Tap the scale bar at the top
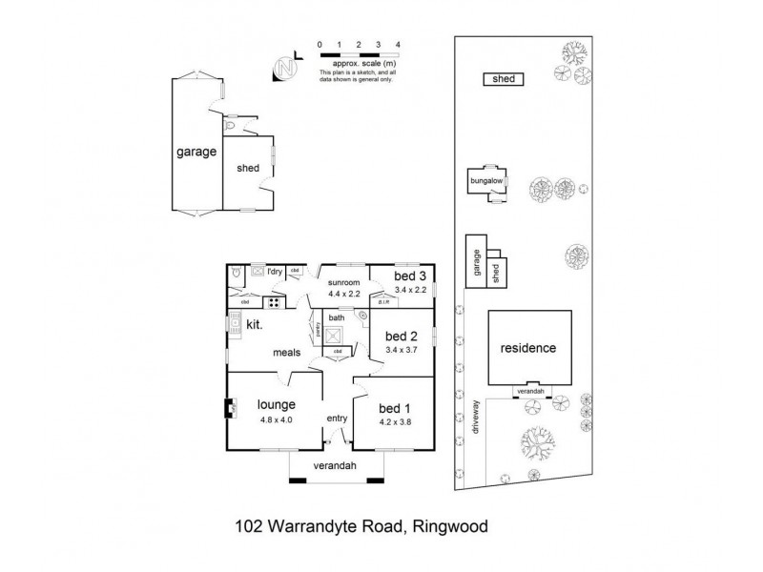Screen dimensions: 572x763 [x=359, y=55]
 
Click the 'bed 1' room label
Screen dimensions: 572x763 [x=392, y=407]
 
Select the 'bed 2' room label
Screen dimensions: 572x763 [x=400, y=337]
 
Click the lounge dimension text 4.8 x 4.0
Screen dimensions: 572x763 [x=275, y=420]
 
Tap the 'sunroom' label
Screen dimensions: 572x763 [x=343, y=283]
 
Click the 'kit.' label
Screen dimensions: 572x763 [x=255, y=325]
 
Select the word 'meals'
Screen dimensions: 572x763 [x=286, y=352]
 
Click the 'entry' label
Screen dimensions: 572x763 [x=338, y=419]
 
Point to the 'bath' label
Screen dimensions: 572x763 [x=335, y=317]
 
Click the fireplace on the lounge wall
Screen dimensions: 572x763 [x=230, y=410]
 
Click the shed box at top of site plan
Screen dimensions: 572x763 [x=504, y=79]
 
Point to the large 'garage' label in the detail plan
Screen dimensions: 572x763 [x=196, y=152]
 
